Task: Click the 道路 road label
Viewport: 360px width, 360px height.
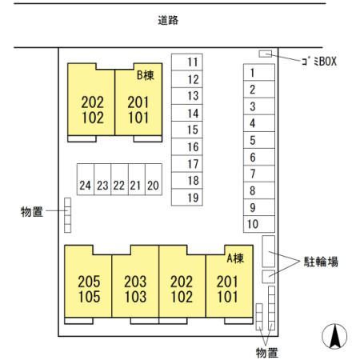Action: pos(168,20)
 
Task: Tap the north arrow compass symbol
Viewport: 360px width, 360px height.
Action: pos(334,336)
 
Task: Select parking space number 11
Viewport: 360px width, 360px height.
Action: pos(187,62)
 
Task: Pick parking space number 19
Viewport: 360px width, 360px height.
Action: pos(187,198)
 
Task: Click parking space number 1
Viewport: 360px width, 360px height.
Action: pos(259,72)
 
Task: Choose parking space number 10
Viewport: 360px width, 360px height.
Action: pos(259,224)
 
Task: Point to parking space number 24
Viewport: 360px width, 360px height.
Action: pos(86,179)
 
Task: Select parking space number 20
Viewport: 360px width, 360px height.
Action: pos(154,179)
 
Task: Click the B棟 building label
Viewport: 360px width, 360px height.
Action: pos(146,75)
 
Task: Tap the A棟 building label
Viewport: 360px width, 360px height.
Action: pos(235,258)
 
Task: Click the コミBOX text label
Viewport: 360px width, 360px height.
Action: pos(319,62)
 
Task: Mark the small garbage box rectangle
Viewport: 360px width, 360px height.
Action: pos(266,54)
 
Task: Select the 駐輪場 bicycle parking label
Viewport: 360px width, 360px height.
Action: pos(321,262)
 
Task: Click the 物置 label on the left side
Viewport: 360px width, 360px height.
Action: pos(32,212)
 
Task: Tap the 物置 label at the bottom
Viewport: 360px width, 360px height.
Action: pos(267,353)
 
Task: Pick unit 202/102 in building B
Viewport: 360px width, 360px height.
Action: pos(91,110)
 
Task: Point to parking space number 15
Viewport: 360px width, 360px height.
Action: pos(187,130)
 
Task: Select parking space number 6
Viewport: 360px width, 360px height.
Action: pos(259,157)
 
